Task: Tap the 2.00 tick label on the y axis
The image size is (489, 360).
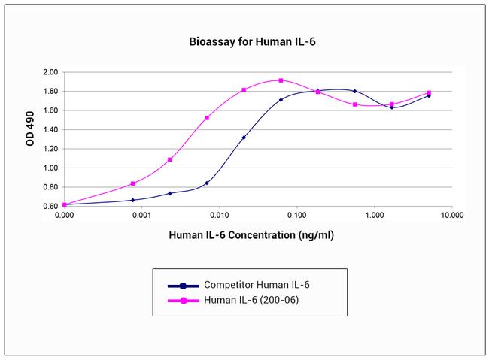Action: click(x=49, y=72)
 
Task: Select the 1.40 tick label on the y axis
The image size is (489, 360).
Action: click(x=49, y=129)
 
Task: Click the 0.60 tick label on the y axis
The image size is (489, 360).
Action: click(x=49, y=205)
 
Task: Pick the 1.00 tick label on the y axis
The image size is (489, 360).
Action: click(x=49, y=167)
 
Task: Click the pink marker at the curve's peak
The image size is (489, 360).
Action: click(x=281, y=80)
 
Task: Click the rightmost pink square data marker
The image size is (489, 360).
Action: click(x=429, y=93)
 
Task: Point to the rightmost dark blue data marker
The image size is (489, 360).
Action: click(x=429, y=95)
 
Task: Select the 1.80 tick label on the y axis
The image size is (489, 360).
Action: click(x=49, y=92)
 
